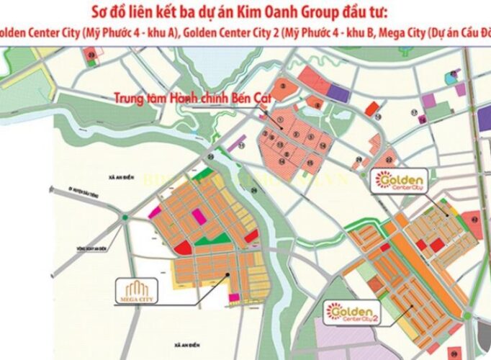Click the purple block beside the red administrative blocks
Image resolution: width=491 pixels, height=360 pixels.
tap(338, 92)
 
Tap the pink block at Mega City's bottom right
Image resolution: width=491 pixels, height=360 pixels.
tap(233, 297)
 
